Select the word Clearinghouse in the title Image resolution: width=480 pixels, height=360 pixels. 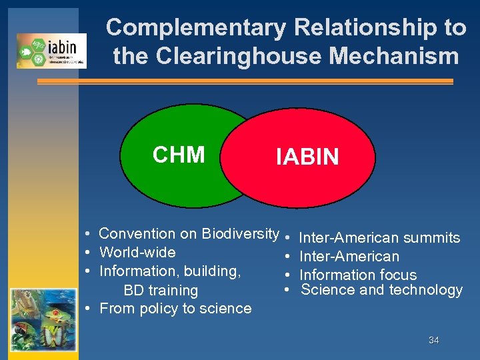[x=237, y=56]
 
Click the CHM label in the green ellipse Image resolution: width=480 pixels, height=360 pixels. [x=179, y=155]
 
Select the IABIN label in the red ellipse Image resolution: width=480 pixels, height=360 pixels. [x=307, y=157]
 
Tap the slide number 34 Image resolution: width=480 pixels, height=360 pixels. [x=433, y=340]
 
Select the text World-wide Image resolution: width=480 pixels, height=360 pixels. [x=137, y=253]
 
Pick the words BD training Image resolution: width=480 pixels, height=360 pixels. [x=161, y=291]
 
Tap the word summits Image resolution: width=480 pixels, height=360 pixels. [x=432, y=238]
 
